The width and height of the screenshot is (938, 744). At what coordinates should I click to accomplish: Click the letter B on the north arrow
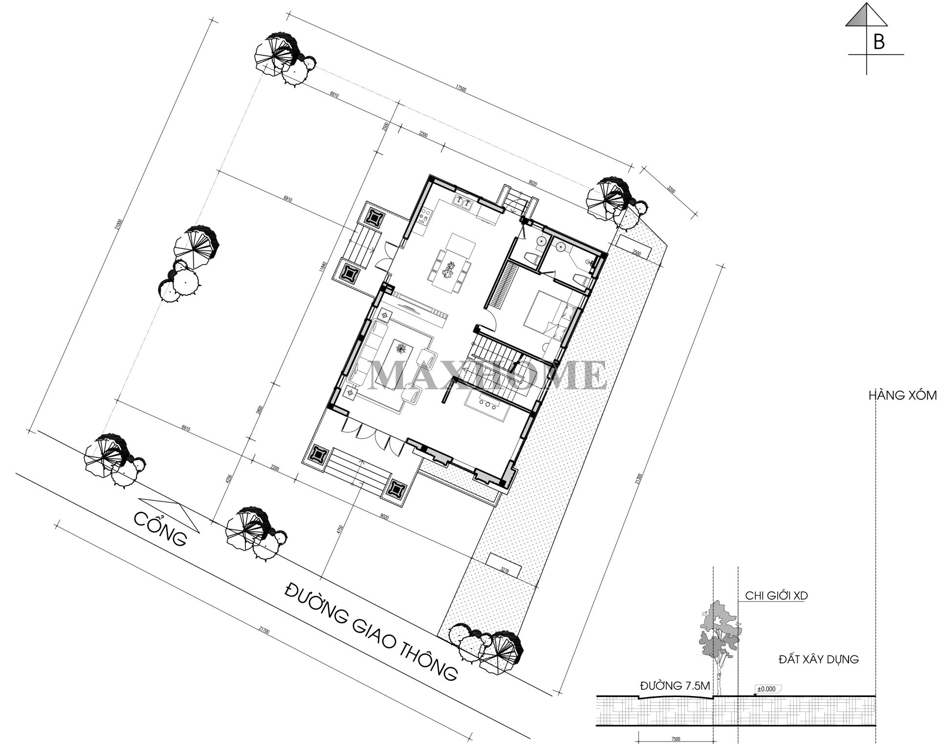[x=878, y=43]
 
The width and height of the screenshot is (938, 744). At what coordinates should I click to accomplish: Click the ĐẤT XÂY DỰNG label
[x=818, y=659]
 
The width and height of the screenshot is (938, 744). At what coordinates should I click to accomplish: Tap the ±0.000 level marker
[x=766, y=689]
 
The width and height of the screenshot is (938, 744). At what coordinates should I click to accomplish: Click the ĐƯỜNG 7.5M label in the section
[x=675, y=686]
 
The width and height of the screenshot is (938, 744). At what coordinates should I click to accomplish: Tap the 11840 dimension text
[x=322, y=266]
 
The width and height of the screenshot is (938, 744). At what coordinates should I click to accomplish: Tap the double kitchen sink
[x=462, y=202]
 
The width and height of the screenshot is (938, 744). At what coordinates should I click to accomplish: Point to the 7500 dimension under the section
[x=676, y=740]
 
